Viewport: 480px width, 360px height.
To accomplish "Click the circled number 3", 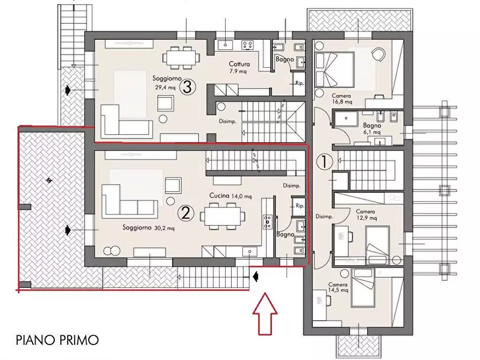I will pyautogui.click(x=187, y=87).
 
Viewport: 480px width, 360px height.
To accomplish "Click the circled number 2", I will pyautogui.click(x=186, y=213).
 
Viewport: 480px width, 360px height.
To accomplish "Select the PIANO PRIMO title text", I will pyautogui.click(x=57, y=340).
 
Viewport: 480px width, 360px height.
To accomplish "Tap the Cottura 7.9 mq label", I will pyautogui.click(x=238, y=67).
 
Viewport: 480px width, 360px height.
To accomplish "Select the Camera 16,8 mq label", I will pyautogui.click(x=341, y=98).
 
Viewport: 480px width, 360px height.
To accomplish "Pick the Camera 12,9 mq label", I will pyautogui.click(x=365, y=215).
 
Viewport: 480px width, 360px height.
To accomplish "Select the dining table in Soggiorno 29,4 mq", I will pyautogui.click(x=181, y=57).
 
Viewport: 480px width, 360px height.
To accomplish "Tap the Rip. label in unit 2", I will pyautogui.click(x=299, y=206).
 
